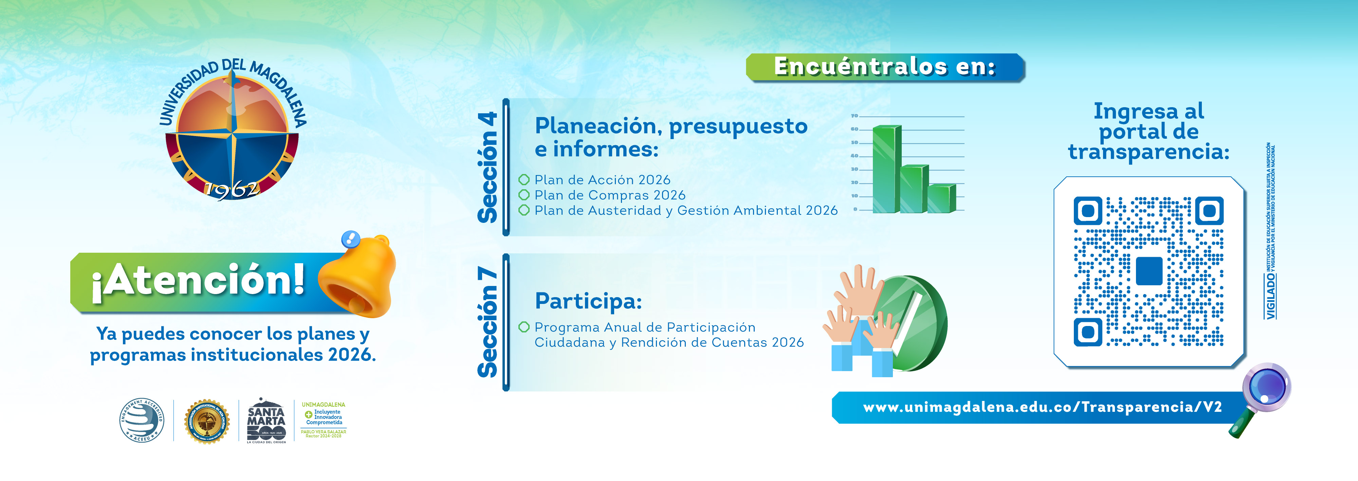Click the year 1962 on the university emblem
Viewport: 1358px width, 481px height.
tap(232, 190)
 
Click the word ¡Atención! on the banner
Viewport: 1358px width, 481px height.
tap(198, 280)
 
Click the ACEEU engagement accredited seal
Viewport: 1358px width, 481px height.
tap(141, 420)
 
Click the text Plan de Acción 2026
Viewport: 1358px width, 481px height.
tap(602, 180)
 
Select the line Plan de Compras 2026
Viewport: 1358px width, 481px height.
tap(609, 195)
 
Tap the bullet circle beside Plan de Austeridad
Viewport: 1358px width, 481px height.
tap(524, 210)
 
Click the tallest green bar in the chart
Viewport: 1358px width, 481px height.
tap(886, 169)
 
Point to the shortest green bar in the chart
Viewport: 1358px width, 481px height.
tap(941, 199)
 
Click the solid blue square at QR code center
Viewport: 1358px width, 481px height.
tap(1149, 271)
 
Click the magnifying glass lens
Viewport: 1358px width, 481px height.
tap(1266, 386)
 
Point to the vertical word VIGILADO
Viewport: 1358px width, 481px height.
tap(1271, 295)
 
